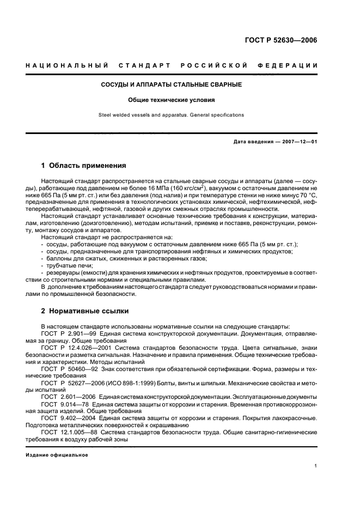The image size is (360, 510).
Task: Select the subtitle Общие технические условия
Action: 172,100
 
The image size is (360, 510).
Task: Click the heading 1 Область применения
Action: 84,165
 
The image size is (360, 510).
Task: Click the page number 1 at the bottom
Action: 316,466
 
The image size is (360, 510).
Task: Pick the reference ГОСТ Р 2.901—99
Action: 68,332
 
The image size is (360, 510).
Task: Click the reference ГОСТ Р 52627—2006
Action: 74,382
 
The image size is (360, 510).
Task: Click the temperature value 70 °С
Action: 306,194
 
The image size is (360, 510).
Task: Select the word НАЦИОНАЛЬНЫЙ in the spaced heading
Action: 63,66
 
